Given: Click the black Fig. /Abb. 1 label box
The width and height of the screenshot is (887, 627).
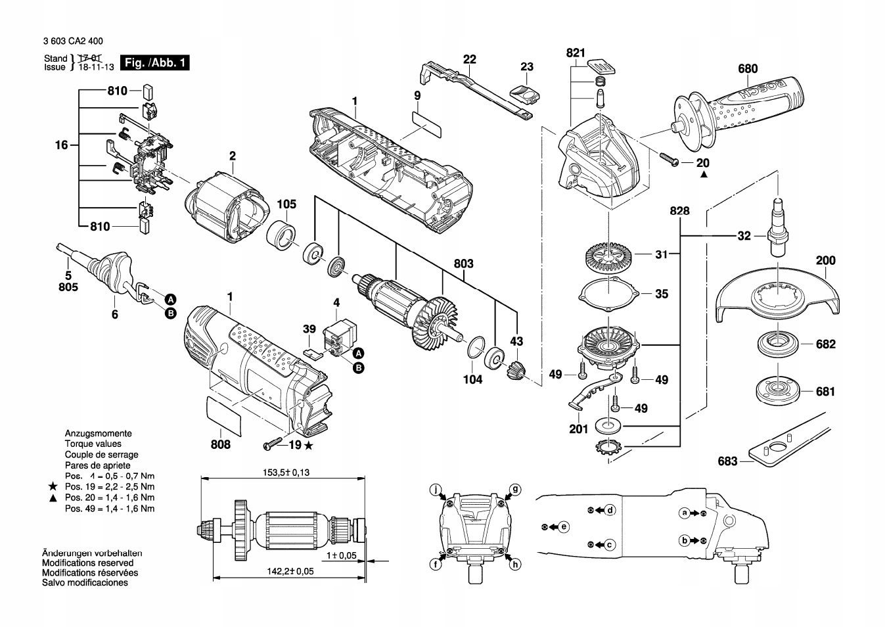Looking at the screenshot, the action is click(x=154, y=62).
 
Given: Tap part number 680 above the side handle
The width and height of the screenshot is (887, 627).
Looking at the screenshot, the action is click(x=748, y=68).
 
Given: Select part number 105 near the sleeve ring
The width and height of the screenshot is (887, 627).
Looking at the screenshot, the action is click(x=286, y=204).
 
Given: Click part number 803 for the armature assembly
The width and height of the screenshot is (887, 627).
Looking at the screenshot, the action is click(x=464, y=264).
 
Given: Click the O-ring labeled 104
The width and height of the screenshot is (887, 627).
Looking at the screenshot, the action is click(x=476, y=348).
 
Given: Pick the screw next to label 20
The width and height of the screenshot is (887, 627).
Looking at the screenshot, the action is click(x=670, y=159).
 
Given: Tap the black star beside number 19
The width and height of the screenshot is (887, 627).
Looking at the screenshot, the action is click(x=309, y=446).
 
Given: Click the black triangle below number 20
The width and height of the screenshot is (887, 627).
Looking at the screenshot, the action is click(x=704, y=174).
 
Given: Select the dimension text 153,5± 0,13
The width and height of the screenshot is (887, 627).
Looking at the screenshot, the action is click(x=286, y=472).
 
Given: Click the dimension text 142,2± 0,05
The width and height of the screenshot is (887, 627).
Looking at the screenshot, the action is click(x=290, y=571).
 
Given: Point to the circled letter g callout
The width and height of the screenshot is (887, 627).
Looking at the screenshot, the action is click(x=515, y=490).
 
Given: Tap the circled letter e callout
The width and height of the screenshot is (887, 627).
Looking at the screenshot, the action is click(x=564, y=527).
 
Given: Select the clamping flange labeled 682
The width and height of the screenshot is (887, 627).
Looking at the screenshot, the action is click(x=778, y=344).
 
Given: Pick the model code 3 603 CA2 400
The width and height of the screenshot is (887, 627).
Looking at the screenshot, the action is click(x=73, y=41).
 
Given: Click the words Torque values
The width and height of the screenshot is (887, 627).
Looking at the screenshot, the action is click(x=93, y=444).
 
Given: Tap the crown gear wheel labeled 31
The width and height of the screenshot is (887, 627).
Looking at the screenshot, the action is click(x=608, y=258).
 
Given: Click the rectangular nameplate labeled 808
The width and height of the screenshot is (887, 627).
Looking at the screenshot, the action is click(x=224, y=417).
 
